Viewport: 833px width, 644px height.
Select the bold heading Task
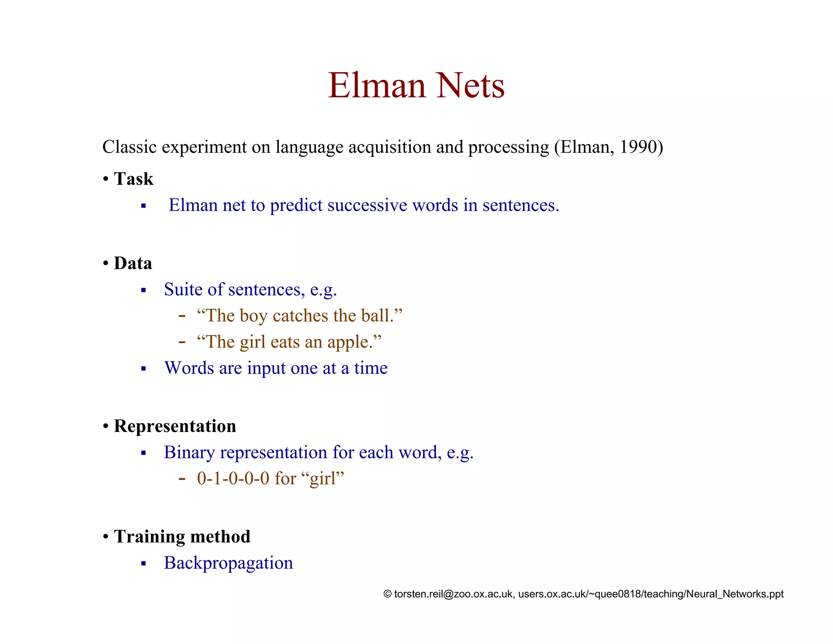click(x=133, y=179)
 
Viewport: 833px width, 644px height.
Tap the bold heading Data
click(x=133, y=263)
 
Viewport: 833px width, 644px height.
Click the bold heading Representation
click(x=175, y=426)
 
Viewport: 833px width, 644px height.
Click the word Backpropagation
click(x=228, y=563)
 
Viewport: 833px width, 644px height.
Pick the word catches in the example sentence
click(x=300, y=316)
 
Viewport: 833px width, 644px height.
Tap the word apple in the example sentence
click(x=348, y=342)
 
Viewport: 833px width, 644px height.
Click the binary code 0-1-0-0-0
click(x=233, y=478)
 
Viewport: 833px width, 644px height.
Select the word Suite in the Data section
click(x=183, y=289)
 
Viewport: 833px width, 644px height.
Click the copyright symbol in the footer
click(x=387, y=594)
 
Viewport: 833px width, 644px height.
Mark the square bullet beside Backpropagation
click(x=143, y=564)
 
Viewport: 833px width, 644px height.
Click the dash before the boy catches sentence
click(x=182, y=316)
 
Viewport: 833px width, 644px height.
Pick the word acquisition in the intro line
click(x=390, y=147)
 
